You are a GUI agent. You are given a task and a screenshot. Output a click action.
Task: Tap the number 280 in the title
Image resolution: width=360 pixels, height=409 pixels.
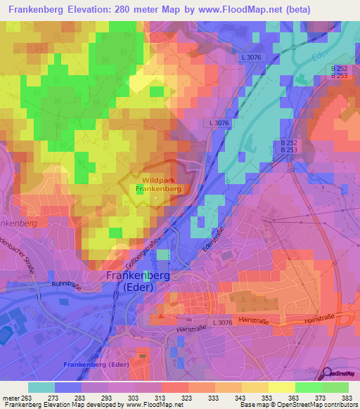(x=153, y=10)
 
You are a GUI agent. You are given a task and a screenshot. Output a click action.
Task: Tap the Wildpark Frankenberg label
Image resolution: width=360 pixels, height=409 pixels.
(x=158, y=185)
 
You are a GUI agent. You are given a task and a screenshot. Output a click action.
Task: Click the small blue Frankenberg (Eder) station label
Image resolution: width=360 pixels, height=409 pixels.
(x=95, y=364)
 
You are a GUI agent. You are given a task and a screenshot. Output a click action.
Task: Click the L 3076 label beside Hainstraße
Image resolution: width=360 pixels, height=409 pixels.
(x=220, y=321)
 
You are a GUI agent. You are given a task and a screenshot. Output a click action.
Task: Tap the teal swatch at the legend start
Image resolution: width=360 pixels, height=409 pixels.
(x=41, y=387)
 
